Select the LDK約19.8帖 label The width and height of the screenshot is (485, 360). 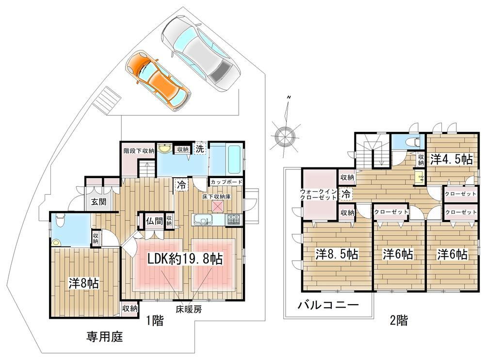[x=185, y=259]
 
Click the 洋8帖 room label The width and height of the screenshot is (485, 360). [x=83, y=283]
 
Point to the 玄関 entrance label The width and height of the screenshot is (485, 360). [x=98, y=201]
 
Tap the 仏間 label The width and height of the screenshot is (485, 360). [x=154, y=221]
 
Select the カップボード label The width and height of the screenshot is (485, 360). [x=226, y=182]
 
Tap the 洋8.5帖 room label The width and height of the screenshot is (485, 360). [x=337, y=254]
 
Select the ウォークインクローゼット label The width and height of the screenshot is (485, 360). [x=318, y=195]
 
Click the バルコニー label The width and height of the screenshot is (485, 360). [x=328, y=305]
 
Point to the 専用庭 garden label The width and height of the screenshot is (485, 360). [x=105, y=337]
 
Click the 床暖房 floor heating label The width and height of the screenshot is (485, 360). [x=189, y=309]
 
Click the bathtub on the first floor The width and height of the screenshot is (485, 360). [x=234, y=159]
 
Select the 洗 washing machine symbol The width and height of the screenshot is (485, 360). [x=200, y=148]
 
